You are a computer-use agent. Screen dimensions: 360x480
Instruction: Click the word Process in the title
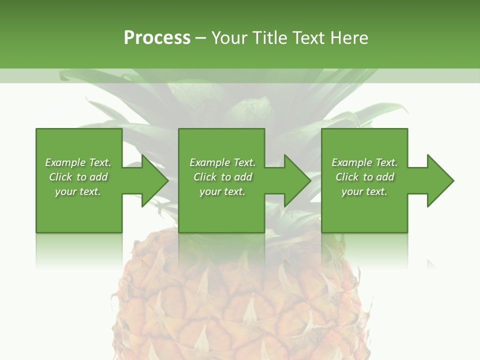coord(157,38)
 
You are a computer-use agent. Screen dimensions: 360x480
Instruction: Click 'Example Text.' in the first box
coord(78,162)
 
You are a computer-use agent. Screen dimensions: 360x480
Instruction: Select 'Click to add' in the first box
coord(78,177)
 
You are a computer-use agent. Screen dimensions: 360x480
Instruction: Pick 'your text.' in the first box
coord(78,191)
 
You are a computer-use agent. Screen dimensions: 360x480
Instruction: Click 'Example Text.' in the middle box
coord(222,162)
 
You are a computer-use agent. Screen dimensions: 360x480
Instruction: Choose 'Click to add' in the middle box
coord(222,177)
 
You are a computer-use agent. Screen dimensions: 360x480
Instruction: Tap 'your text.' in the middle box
coord(222,191)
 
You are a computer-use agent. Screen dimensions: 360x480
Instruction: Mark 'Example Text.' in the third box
coord(364,162)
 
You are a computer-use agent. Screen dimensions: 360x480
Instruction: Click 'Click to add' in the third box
coord(364,177)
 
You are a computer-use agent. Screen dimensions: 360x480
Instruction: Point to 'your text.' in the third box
coord(364,191)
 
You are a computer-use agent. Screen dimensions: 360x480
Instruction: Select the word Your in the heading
coord(229,38)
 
